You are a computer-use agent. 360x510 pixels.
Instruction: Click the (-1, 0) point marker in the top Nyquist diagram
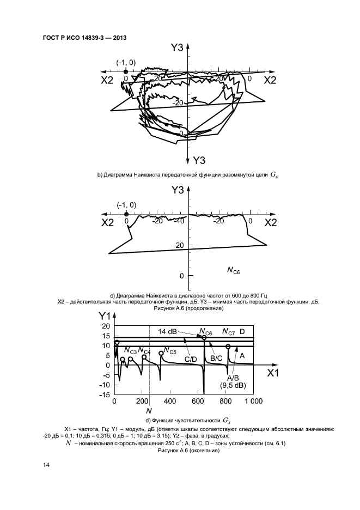(126, 71)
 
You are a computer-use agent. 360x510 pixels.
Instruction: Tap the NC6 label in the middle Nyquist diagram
(233, 269)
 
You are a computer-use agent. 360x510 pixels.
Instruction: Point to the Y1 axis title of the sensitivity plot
(105, 316)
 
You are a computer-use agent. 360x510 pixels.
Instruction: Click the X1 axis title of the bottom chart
(273, 373)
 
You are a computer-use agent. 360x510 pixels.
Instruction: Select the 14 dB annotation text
(167, 331)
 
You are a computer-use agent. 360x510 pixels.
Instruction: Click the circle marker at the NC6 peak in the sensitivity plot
(204, 338)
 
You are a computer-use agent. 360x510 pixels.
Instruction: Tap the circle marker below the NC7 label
(228, 347)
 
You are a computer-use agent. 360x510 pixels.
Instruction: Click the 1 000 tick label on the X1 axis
(253, 402)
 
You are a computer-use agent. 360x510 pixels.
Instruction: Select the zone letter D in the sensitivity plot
(243, 331)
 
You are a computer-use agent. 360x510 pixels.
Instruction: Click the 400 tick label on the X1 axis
(169, 402)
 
